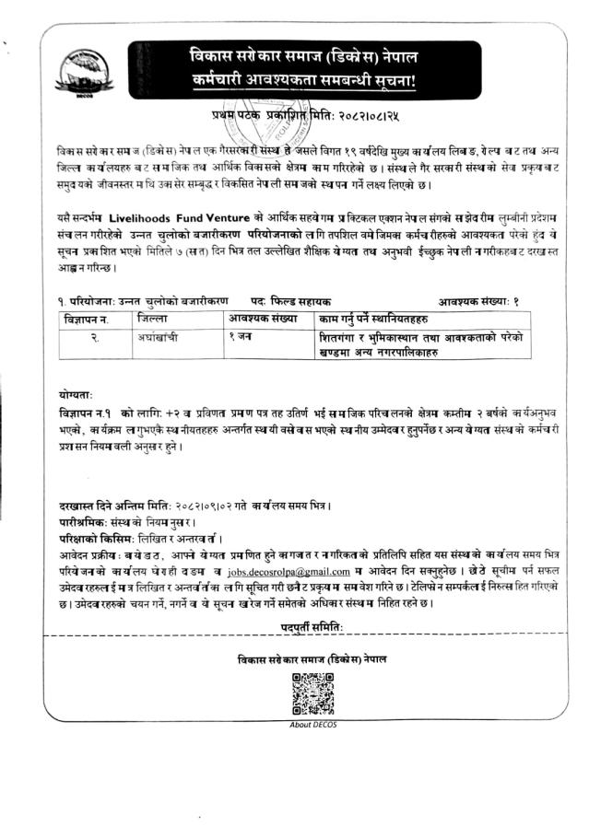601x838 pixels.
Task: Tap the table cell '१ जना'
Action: [x=242, y=337]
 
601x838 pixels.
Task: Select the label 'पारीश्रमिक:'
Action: [x=71, y=523]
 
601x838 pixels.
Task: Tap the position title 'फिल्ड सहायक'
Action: [x=303, y=301]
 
